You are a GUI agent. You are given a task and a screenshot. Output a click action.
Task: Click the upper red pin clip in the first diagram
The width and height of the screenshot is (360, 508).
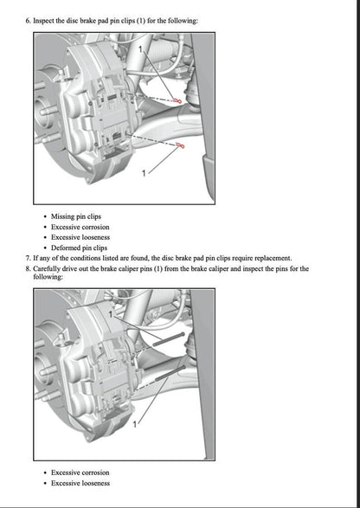point(177,101)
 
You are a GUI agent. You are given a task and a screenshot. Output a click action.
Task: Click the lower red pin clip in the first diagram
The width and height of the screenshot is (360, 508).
point(182,146)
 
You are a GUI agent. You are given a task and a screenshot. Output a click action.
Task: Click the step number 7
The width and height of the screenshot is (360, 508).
point(29,258)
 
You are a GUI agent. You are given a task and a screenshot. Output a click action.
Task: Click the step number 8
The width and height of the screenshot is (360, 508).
point(29,268)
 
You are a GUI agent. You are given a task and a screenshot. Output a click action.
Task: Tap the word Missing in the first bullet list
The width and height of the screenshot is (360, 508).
point(63,216)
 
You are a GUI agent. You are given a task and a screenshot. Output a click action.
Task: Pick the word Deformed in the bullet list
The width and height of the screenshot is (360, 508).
point(65,248)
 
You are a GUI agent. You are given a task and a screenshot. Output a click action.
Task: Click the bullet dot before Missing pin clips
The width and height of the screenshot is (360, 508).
point(44,216)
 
